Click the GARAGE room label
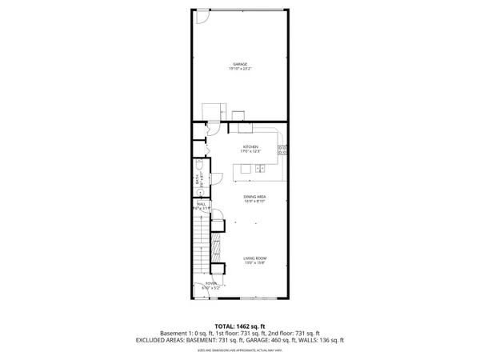(x=239, y=64)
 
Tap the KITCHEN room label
(x=250, y=146)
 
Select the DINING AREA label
(x=255, y=196)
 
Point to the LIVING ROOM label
(x=255, y=258)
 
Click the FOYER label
(x=210, y=283)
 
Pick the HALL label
(x=201, y=204)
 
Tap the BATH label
(x=197, y=180)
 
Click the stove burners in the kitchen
(x=282, y=149)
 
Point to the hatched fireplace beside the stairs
(x=214, y=245)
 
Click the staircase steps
(x=200, y=240)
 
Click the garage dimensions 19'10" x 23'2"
(x=239, y=70)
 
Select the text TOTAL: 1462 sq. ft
(x=239, y=326)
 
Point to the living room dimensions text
(x=255, y=262)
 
